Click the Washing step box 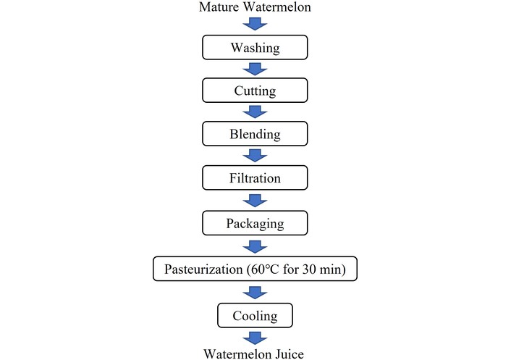point(255,47)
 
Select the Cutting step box point(255,91)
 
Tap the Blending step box point(255,134)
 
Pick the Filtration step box point(255,177)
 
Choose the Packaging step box point(255,223)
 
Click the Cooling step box point(255,315)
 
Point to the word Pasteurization point(203,269)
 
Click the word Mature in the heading point(219,7)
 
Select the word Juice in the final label point(290,353)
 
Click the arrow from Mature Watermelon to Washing point(255,24)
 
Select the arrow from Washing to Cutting point(255,69)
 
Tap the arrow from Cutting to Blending point(255,112)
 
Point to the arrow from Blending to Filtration point(255,156)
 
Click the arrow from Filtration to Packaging point(255,201)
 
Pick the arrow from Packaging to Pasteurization point(255,247)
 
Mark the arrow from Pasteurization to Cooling point(255,293)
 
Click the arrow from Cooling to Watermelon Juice point(255,338)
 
